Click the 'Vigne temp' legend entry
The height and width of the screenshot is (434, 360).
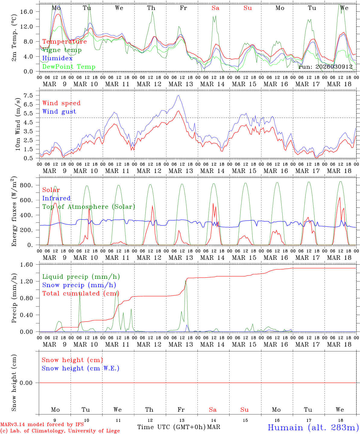62,50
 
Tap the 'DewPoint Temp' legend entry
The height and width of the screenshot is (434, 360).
69,67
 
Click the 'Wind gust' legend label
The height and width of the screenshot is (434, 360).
59,112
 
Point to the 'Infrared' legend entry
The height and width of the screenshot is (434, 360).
56,198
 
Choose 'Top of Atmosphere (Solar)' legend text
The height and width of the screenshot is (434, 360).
88,207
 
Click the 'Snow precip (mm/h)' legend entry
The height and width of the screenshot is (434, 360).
79,285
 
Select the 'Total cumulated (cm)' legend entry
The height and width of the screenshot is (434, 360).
81,293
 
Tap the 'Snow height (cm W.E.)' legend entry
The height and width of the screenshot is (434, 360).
80,368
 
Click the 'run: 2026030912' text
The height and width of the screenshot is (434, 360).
325,67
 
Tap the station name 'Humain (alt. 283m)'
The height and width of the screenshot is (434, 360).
313,427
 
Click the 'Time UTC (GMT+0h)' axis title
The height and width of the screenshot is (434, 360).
172,427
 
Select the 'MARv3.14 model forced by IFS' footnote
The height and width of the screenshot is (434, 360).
42,425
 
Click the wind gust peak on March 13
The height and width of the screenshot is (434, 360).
178,96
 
